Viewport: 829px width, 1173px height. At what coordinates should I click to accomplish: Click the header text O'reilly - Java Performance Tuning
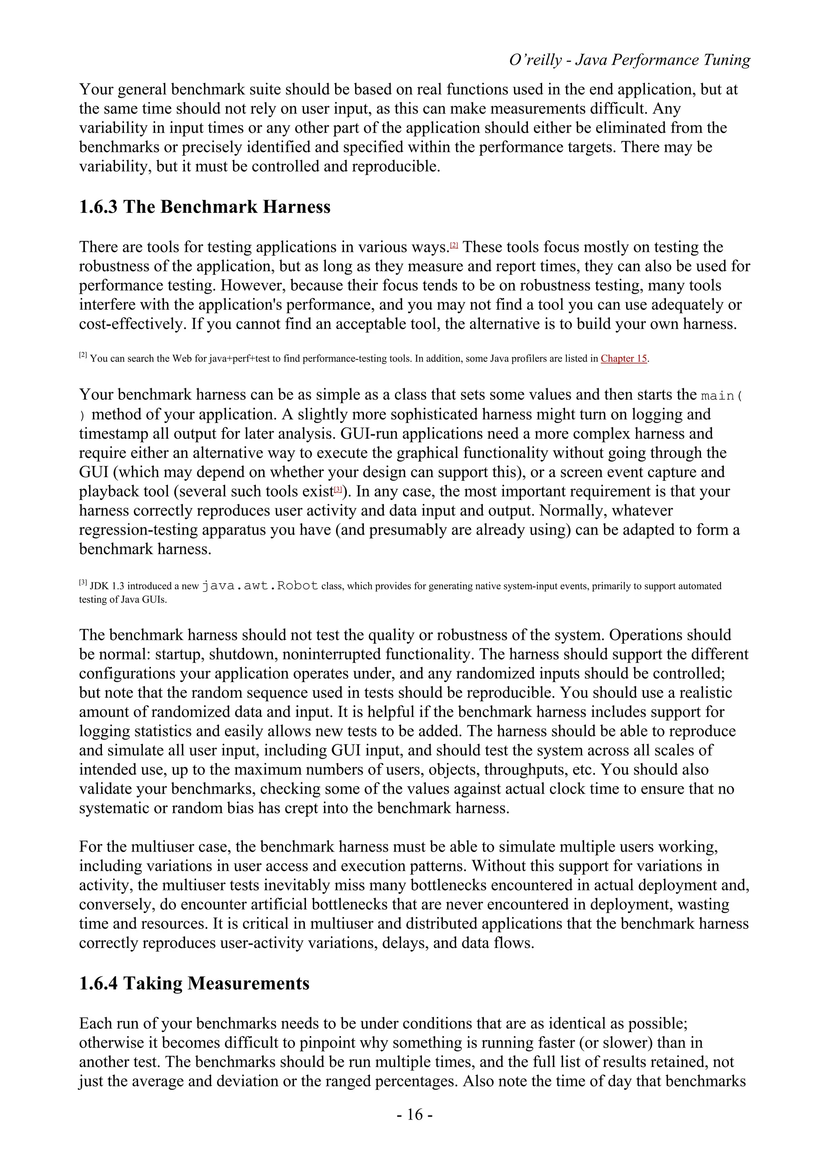629,60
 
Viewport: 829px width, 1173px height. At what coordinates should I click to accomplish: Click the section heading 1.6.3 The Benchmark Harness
205,207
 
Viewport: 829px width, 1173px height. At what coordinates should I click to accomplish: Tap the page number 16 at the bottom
414,1114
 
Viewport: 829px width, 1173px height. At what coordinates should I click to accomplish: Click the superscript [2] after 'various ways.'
454,246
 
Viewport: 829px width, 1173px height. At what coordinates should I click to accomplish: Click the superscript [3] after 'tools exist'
338,490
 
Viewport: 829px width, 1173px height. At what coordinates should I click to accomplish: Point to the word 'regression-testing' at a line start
138,530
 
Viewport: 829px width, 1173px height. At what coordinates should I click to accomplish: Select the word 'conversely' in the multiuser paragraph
117,905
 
